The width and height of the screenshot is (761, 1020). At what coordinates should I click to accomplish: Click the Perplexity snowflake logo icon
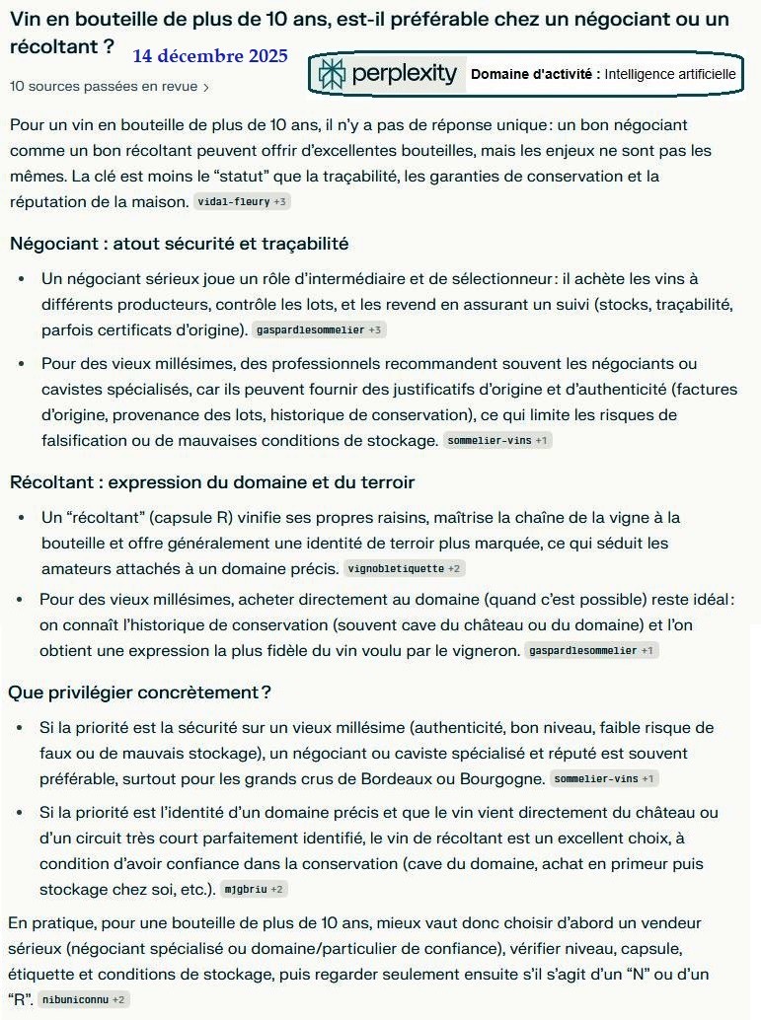333,74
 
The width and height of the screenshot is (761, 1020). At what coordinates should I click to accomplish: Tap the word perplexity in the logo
405,74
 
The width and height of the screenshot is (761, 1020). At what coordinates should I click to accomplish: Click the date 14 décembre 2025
209,56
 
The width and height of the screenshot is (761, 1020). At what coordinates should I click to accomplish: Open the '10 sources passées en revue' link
104,87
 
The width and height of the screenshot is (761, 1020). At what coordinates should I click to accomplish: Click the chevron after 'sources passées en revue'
205,87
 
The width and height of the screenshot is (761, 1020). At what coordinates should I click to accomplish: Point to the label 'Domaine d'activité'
535,74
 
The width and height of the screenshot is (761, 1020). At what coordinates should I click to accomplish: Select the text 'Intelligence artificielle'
670,74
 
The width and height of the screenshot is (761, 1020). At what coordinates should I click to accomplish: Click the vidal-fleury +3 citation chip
242,202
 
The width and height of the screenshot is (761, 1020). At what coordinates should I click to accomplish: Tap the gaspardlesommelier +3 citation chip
319,329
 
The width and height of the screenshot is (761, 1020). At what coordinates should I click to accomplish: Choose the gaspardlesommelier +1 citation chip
591,651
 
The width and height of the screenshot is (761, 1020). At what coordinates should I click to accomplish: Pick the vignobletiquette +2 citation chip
405,569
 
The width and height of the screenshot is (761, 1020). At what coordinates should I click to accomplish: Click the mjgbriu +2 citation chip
254,890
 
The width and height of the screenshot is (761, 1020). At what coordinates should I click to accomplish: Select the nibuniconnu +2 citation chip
85,1000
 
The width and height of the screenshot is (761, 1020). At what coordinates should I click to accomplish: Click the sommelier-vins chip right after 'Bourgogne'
605,779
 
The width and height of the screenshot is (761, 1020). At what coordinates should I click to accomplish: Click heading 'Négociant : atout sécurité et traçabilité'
179,243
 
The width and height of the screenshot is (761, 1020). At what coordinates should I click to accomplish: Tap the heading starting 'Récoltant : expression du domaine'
211,482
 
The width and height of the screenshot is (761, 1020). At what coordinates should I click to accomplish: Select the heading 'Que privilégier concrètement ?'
139,692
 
